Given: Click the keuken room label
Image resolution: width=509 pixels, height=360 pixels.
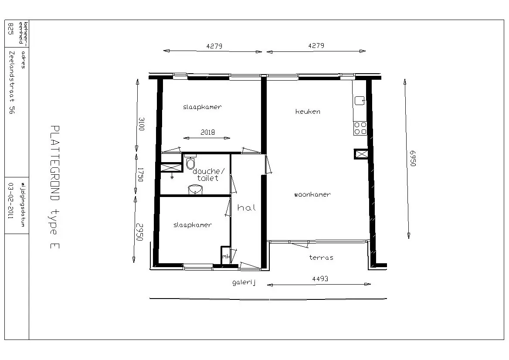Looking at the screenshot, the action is [308, 112].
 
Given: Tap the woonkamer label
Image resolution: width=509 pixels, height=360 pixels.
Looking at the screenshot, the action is [312, 194].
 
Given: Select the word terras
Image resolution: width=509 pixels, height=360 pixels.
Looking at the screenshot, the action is [321, 258].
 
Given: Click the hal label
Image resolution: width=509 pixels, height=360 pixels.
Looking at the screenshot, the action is [247, 207].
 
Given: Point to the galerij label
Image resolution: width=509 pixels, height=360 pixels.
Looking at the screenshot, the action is [244, 283].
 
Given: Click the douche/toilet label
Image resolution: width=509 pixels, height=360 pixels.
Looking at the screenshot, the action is [208, 175].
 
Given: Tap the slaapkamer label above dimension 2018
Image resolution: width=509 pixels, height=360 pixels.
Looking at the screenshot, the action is [202, 107].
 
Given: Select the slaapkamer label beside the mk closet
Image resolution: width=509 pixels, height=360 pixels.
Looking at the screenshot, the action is [193, 225].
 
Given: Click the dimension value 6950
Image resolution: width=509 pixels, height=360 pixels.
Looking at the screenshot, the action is [413, 158].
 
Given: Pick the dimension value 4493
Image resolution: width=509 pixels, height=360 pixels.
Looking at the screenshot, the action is [320, 278].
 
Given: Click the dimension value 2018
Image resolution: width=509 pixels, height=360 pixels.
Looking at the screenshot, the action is [208, 132].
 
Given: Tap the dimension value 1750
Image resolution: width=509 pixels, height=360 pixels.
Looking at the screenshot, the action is [140, 175].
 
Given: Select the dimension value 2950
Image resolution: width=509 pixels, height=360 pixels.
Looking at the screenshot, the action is [139, 232].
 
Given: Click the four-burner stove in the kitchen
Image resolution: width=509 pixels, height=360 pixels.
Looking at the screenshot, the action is [360, 128].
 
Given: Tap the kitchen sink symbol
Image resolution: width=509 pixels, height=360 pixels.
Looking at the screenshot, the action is [360, 101].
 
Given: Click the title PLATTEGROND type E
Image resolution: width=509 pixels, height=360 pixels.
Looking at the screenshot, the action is [55, 187].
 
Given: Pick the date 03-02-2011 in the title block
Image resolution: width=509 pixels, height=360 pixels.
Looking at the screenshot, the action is [11, 200].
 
